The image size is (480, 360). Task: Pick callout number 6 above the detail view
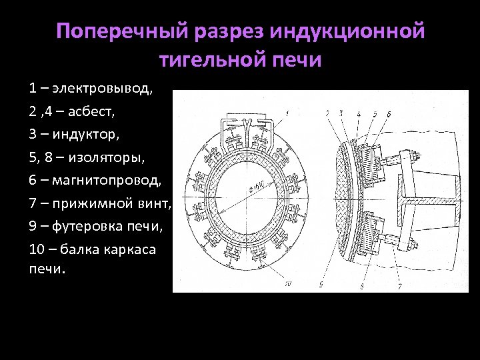[x=389, y=113]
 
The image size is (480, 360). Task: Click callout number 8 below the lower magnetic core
[x=361, y=285]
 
